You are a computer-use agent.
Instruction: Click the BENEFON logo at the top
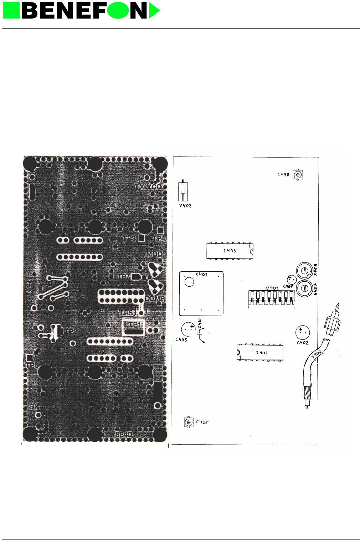[x=81, y=11]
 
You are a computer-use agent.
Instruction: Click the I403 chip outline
[x=230, y=251]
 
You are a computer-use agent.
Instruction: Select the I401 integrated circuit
[x=260, y=352]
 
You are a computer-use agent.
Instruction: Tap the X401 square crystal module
[x=201, y=293]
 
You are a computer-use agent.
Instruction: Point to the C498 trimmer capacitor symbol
[x=298, y=175]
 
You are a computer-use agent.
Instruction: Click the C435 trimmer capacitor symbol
[x=189, y=422]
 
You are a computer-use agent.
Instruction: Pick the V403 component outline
[x=183, y=191]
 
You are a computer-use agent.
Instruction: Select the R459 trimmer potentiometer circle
[x=304, y=271]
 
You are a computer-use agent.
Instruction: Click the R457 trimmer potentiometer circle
[x=304, y=287]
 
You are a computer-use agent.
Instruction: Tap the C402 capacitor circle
[x=302, y=332]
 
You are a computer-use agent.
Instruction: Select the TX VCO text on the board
[x=148, y=186]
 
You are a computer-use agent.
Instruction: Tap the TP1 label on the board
[x=135, y=324]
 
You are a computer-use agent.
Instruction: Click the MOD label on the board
[x=154, y=254]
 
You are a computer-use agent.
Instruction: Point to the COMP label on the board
[x=155, y=298]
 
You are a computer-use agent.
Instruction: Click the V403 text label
[x=185, y=206]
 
